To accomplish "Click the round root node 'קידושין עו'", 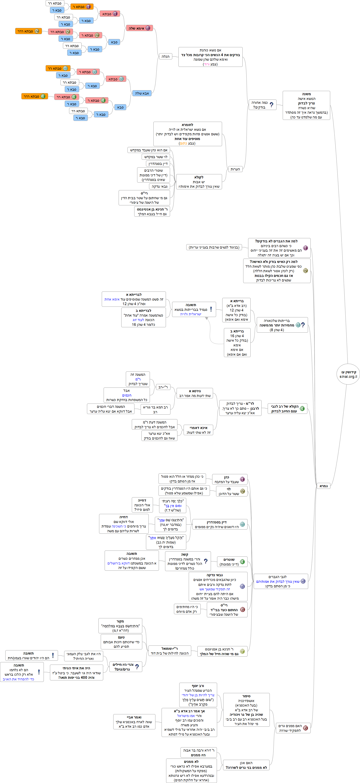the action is click(348, 374).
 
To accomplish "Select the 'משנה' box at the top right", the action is click(306, 105).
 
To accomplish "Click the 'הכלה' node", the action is click(166, 57).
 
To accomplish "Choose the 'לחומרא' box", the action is click(187, 134).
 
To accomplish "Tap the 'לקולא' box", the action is click(199, 182).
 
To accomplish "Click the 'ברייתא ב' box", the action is click(237, 342).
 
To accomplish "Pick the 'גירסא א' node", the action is click(194, 393).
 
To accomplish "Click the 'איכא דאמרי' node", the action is click(198, 430).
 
